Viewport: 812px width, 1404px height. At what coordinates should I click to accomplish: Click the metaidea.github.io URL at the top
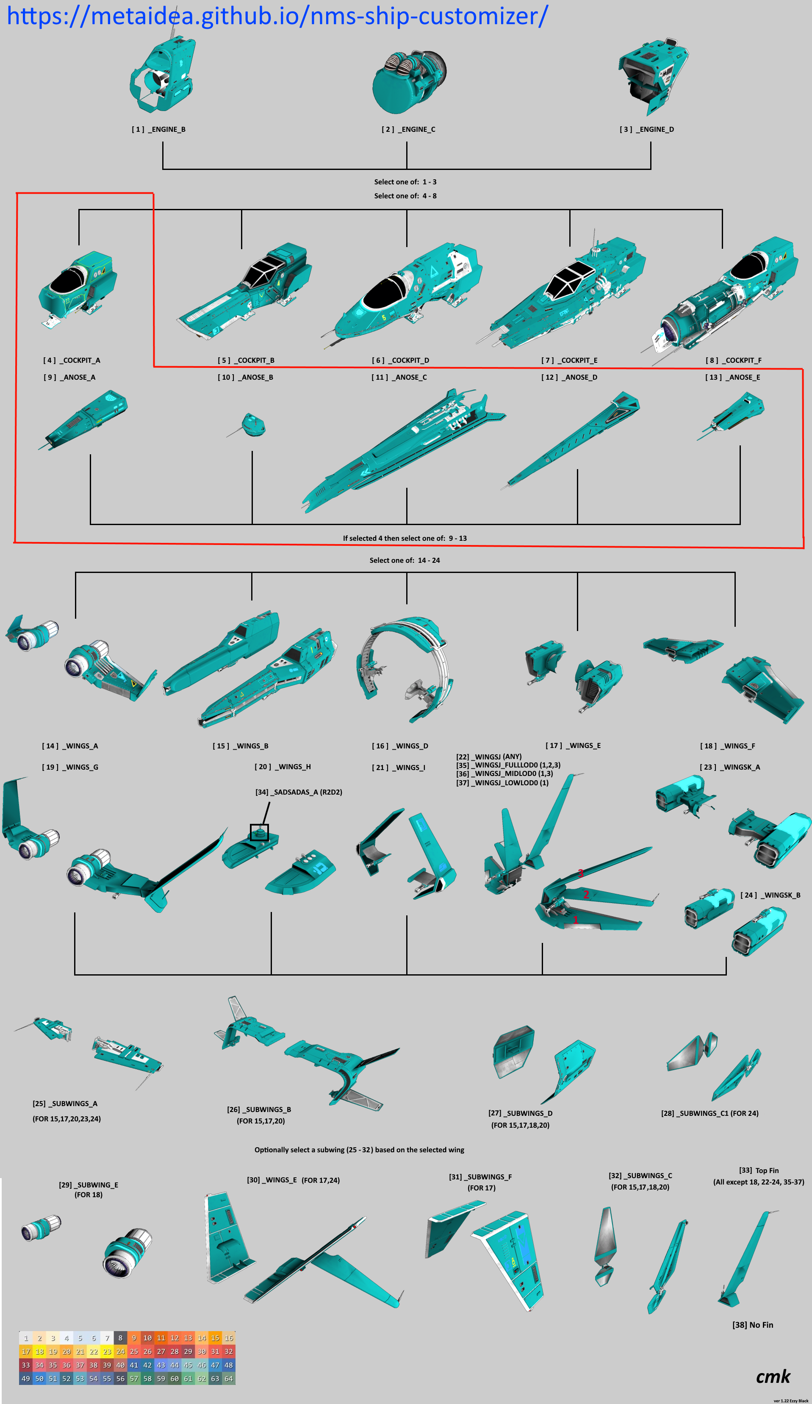click(277, 16)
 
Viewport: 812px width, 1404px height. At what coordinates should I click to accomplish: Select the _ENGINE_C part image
click(409, 81)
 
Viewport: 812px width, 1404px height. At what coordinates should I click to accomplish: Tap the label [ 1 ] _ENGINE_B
click(159, 129)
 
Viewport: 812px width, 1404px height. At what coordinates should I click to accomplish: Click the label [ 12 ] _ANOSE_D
click(569, 377)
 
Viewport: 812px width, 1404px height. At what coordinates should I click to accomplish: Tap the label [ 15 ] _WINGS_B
click(241, 746)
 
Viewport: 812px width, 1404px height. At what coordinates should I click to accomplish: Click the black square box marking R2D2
click(259, 832)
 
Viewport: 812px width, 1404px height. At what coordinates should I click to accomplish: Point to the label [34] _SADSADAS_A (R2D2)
click(299, 792)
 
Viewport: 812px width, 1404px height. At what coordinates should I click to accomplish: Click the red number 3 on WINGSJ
click(580, 873)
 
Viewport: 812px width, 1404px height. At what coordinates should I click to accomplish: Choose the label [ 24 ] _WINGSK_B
click(770, 895)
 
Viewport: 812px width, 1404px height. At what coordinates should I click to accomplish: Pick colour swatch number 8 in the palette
click(120, 1338)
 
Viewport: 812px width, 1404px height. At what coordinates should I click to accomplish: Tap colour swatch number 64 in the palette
click(228, 1379)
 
